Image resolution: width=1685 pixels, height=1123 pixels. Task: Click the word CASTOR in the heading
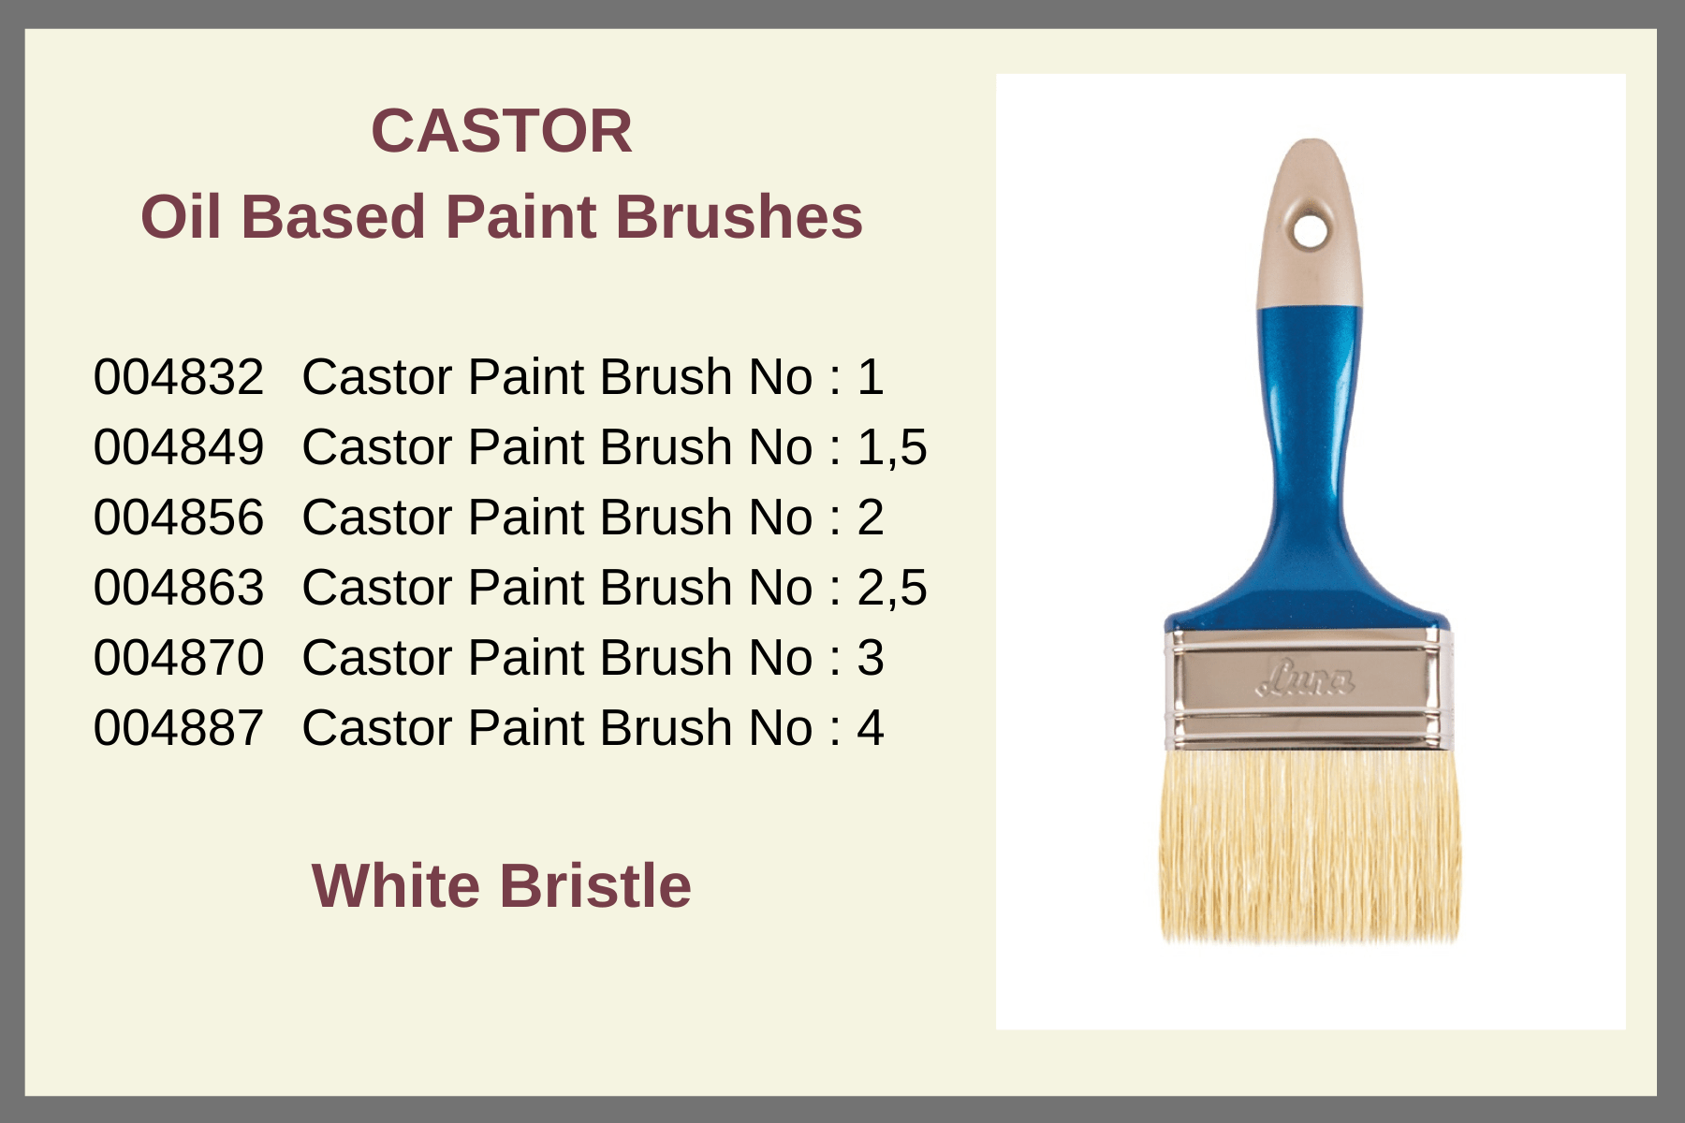tap(502, 130)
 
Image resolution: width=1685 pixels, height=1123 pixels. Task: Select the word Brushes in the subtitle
tap(739, 217)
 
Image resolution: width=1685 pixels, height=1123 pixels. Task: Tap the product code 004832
tap(179, 377)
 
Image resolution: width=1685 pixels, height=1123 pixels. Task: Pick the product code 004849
tap(179, 447)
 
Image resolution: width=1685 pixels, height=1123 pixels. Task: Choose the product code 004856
tap(179, 518)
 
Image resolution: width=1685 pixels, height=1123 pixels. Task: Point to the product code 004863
tap(179, 588)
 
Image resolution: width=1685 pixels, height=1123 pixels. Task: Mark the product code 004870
tap(179, 658)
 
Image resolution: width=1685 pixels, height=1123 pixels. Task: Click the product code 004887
tap(179, 728)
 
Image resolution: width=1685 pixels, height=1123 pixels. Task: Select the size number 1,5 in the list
tap(892, 448)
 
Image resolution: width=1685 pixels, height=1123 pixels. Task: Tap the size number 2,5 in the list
tap(892, 589)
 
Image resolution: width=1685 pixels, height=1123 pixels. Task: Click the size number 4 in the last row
tap(871, 728)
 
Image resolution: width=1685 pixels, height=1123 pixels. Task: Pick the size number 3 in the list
tap(871, 658)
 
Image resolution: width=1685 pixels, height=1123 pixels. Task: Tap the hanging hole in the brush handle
tap(1311, 230)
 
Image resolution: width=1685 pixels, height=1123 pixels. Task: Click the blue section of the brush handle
tap(1308, 468)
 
